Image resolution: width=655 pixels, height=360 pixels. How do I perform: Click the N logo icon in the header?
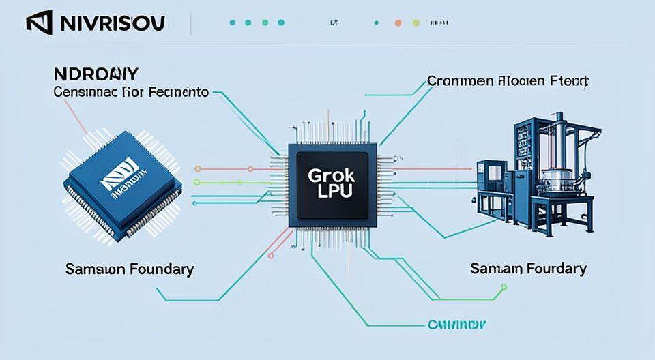click(x=39, y=23)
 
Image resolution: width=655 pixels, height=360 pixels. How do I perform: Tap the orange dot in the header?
click(x=397, y=22)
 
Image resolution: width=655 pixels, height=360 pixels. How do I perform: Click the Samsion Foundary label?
click(x=129, y=269)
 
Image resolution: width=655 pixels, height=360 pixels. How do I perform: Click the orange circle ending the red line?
click(x=198, y=168)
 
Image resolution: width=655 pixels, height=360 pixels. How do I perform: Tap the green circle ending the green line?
click(x=198, y=182)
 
